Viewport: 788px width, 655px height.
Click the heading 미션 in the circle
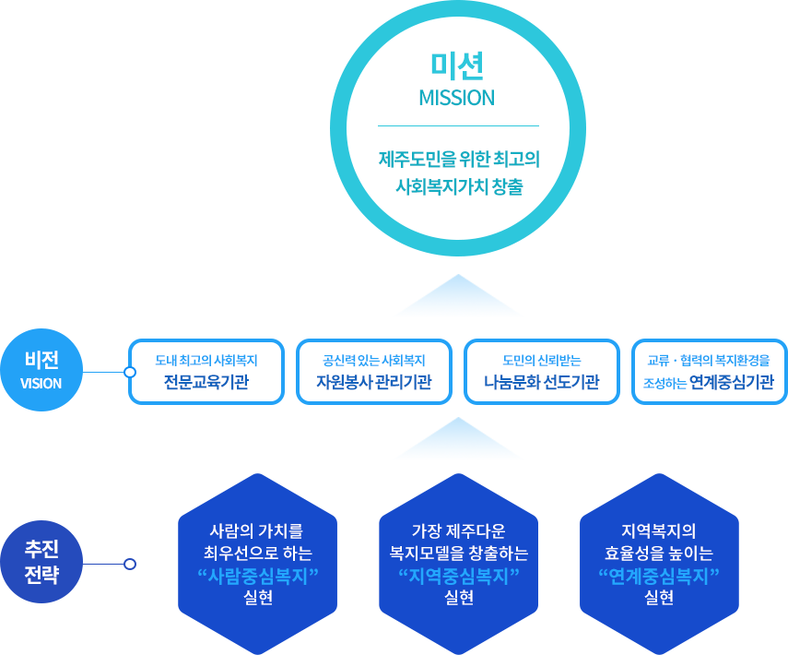click(457, 65)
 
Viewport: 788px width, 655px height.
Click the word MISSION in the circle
click(457, 98)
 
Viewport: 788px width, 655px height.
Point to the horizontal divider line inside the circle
click(458, 125)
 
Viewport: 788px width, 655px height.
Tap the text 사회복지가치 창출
click(458, 186)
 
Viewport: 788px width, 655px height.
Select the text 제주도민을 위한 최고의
click(458, 159)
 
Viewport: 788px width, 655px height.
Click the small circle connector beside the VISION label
click(130, 373)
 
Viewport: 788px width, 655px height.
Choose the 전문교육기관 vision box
click(206, 372)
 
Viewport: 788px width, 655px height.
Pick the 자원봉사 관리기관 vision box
click(374, 372)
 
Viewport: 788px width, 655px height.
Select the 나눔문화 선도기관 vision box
click(542, 372)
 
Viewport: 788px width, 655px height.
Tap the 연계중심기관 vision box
click(710, 372)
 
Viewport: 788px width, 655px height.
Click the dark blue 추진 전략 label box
click(41, 561)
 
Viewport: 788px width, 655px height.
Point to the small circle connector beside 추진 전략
click(130, 564)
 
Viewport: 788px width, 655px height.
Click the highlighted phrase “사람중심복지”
click(257, 577)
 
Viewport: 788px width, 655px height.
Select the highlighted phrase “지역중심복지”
click(458, 577)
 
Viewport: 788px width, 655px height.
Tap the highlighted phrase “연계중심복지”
click(659, 577)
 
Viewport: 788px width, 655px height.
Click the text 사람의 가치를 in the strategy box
click(257, 531)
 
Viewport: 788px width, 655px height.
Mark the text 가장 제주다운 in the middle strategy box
click(458, 531)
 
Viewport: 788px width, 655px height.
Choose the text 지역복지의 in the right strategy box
click(659, 531)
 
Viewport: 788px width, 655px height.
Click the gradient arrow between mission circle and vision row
click(458, 294)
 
